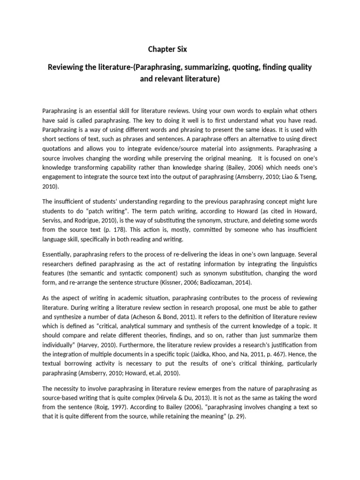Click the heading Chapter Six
(168, 49)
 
